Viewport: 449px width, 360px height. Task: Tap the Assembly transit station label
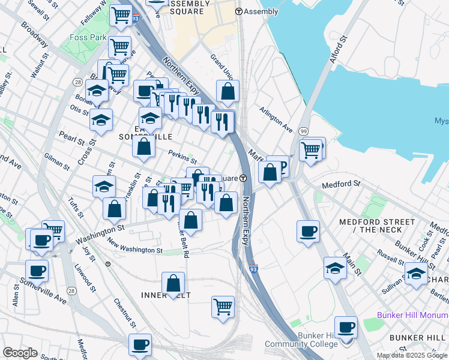coord(257,11)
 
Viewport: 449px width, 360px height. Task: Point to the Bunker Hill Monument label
coord(412,315)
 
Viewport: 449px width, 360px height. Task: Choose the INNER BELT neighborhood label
coord(165,295)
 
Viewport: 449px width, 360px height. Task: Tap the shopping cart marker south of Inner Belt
coord(223,306)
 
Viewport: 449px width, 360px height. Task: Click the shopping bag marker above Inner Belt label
coord(173,283)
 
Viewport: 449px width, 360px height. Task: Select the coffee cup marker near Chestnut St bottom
coord(140,344)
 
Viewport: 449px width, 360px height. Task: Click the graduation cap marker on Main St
coord(335,268)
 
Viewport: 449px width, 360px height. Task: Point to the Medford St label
coord(341,184)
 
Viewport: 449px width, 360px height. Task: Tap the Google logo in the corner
coord(20,353)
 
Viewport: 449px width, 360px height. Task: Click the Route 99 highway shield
coord(303,131)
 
